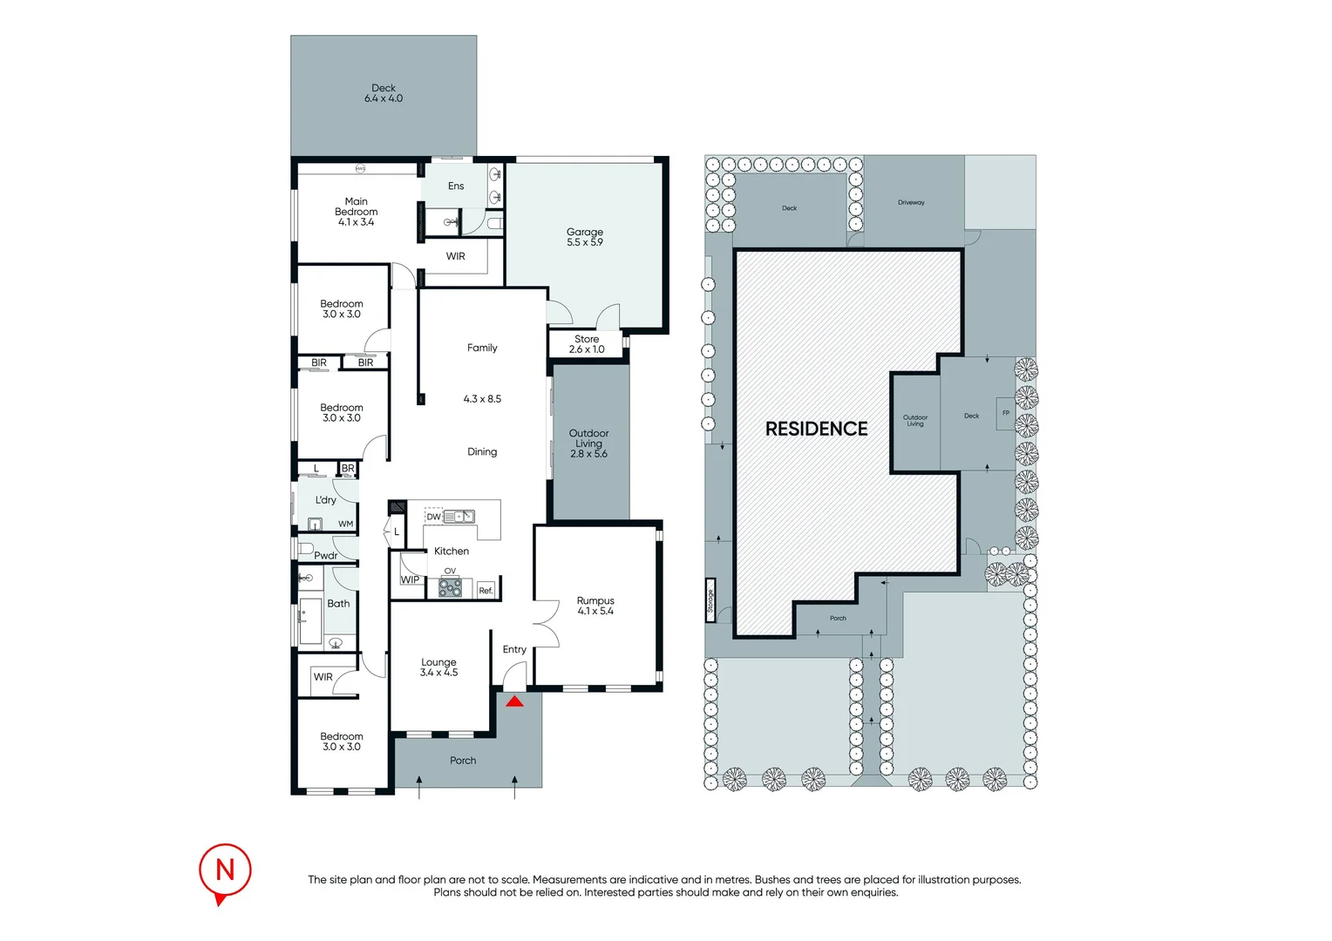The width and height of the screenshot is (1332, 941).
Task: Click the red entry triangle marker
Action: tap(514, 702)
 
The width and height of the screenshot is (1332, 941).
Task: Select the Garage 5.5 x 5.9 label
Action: tap(585, 237)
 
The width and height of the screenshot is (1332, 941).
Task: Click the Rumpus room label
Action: tap(595, 606)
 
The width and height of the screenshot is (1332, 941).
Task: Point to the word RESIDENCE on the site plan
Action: tap(816, 429)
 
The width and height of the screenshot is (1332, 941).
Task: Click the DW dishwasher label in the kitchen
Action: tap(433, 517)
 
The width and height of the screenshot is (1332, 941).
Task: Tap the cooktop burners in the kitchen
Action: tap(450, 587)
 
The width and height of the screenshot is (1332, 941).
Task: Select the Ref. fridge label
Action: tap(486, 590)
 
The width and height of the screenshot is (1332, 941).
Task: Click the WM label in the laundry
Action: tap(345, 524)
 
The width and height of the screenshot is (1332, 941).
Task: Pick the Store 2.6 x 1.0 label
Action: tap(587, 344)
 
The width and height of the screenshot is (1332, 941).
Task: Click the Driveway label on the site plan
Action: tap(911, 202)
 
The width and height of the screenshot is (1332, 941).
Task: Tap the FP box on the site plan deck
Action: tap(1006, 413)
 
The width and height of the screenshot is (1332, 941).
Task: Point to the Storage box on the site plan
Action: tap(710, 600)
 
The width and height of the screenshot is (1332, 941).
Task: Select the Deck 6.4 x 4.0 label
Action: tap(384, 93)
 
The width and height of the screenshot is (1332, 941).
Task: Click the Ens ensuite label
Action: tap(456, 186)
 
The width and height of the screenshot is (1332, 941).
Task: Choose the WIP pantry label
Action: tap(410, 579)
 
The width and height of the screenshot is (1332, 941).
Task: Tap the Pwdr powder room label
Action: tap(325, 555)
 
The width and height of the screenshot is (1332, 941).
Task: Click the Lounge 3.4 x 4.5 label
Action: tap(438, 667)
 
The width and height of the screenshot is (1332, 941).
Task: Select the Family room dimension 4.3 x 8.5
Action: tap(482, 399)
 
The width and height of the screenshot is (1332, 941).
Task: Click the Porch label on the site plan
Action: tap(838, 619)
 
